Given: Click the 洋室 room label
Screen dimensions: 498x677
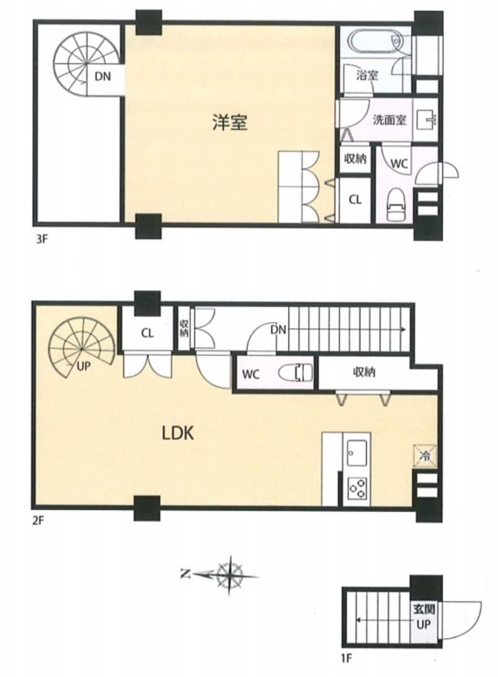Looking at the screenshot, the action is (x=229, y=122).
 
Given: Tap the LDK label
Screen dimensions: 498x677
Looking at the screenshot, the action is (x=177, y=433).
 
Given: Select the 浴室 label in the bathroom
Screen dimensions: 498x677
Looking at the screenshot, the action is (x=367, y=75).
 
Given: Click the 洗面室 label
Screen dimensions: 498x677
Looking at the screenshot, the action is (x=389, y=120).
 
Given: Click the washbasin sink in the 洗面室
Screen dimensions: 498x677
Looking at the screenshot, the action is (x=426, y=120).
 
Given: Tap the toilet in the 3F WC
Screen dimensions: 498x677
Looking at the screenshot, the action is (x=396, y=204).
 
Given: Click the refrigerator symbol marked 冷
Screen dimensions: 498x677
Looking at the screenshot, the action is (x=425, y=456).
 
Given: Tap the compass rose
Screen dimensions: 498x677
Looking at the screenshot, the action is (x=229, y=575).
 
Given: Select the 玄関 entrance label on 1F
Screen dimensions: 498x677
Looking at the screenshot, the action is (x=423, y=610).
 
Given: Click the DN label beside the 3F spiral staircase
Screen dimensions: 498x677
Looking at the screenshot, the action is (x=103, y=76).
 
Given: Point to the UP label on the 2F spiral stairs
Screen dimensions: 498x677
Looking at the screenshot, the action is (x=84, y=366).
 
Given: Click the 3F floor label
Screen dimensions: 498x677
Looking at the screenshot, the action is (x=41, y=239).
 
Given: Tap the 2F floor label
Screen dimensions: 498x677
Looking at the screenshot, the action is (x=38, y=521).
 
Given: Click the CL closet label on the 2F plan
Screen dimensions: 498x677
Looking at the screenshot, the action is (x=148, y=333).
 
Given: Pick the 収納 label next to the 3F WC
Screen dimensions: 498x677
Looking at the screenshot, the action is (x=356, y=159).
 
